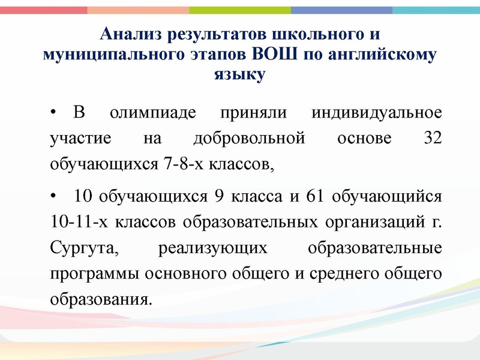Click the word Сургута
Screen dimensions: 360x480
coord(71,248)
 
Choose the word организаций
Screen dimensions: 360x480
coord(378,223)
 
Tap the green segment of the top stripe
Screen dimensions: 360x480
coord(240,10)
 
